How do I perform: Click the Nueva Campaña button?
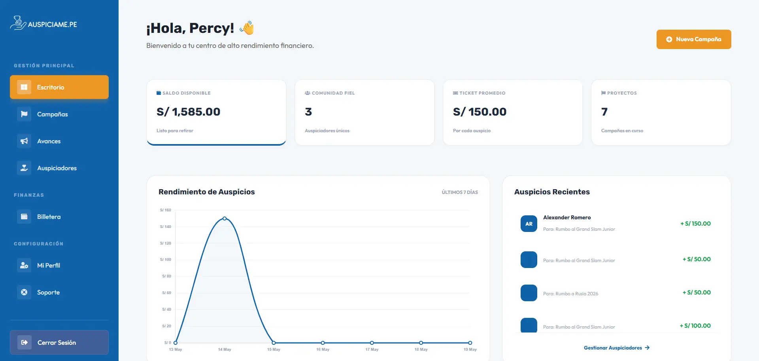[x=694, y=39]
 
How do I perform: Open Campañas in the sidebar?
[x=59, y=114]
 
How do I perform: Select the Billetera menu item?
[x=59, y=217]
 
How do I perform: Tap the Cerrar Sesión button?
[x=59, y=342]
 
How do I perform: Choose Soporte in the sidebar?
[x=59, y=292]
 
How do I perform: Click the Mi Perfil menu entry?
[x=59, y=265]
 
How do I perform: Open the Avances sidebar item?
[x=59, y=141]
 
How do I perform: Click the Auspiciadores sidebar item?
[x=59, y=168]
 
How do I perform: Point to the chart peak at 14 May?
[x=225, y=218]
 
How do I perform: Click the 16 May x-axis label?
[x=323, y=350]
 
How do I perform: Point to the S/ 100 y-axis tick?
[x=166, y=260]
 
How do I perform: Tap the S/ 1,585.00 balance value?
[x=188, y=112]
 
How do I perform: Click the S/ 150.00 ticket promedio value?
[x=480, y=112]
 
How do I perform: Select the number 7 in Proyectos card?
[x=604, y=112]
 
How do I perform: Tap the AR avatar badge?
[x=529, y=224]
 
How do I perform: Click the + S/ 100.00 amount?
[x=695, y=326]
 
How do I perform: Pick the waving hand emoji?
[x=247, y=28]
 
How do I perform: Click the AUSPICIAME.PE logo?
[x=43, y=23]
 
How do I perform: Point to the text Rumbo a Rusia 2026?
[x=577, y=294]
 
